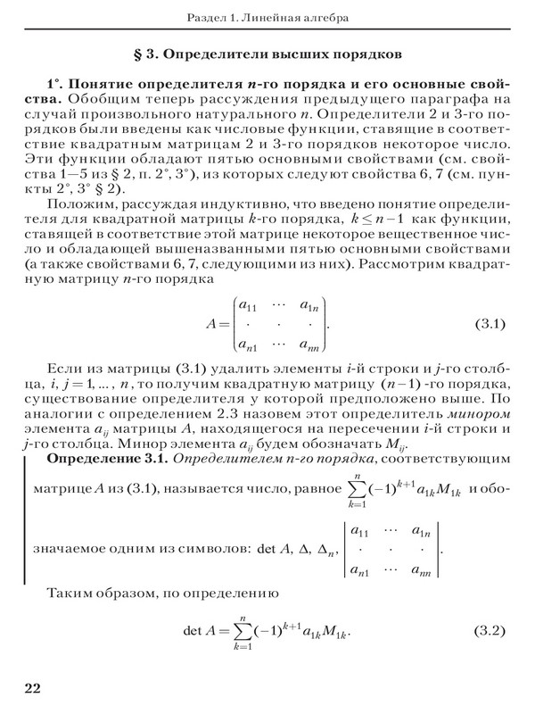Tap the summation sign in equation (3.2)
[x=243, y=631]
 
